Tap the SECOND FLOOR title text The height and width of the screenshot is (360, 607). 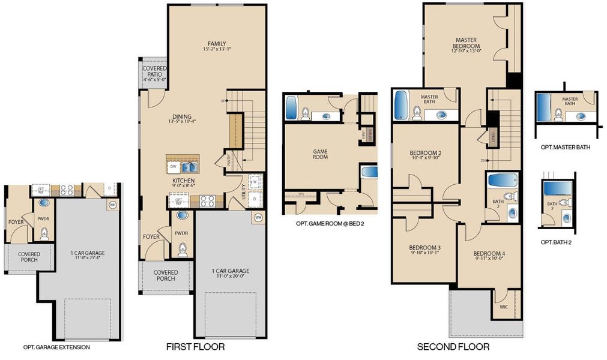453,347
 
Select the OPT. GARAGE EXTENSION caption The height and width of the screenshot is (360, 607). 56,347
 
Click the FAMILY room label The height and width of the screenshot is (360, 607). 216,44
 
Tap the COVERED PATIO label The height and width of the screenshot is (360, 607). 154,74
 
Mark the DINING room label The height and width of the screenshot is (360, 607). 182,117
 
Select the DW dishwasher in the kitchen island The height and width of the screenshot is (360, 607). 174,167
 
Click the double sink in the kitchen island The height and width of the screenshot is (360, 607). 192,167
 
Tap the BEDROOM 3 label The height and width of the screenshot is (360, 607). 425,248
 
